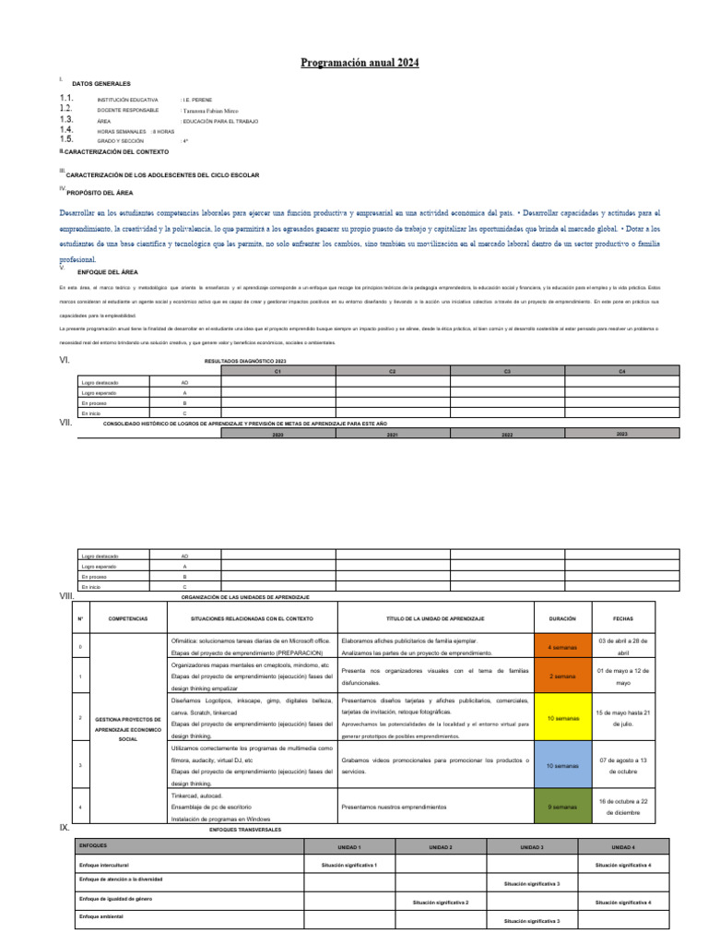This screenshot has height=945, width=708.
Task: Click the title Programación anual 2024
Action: point(360,63)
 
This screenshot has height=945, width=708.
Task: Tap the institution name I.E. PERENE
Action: point(198,99)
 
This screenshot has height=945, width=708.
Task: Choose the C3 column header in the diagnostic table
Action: point(507,371)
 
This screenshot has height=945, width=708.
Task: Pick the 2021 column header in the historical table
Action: point(392,434)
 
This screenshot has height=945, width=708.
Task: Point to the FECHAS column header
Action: point(623,617)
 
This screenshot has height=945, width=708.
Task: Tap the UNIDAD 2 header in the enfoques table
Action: point(441,846)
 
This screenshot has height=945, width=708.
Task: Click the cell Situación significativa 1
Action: point(349,865)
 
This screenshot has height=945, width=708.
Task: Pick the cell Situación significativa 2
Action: point(441,902)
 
